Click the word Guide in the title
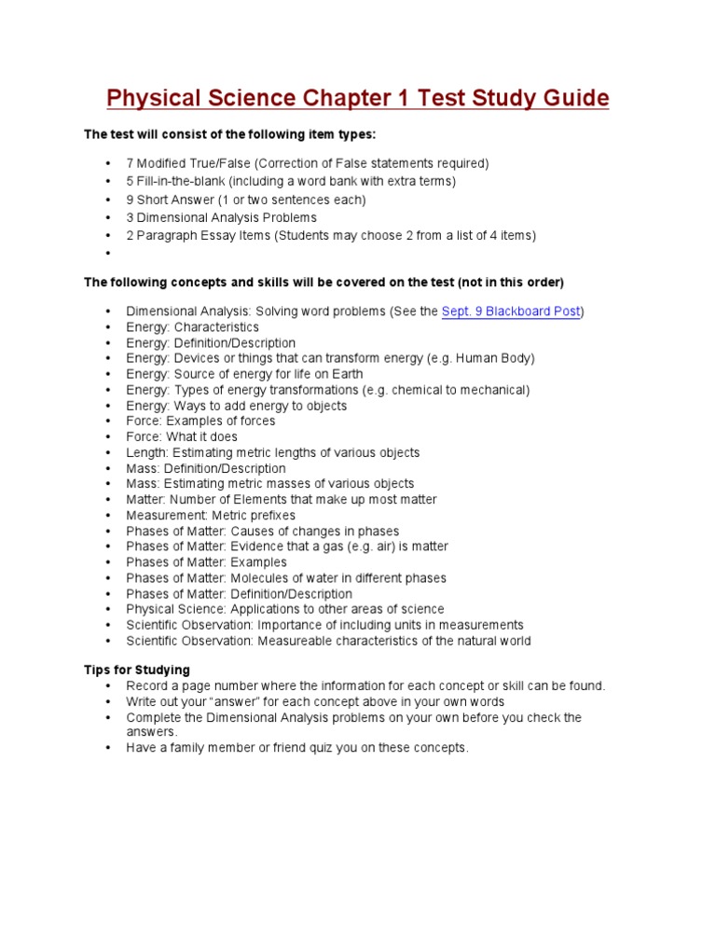pos(570,99)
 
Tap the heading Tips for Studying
pos(137,670)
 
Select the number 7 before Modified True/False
pos(130,163)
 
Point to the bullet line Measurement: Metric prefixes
pos(211,515)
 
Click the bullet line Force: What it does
pos(182,436)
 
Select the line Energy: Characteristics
pos(192,327)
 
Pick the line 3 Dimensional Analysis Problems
pos(214,217)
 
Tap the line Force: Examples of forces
pos(200,421)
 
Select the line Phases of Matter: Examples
pos(207,562)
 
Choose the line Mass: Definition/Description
pos(206,468)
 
